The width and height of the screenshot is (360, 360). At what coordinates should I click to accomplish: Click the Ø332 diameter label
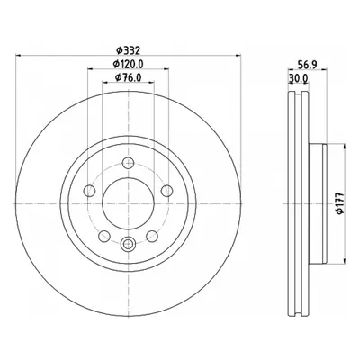[128, 50]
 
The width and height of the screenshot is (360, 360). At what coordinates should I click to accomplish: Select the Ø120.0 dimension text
[129, 64]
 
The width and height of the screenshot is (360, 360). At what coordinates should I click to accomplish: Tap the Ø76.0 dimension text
[128, 77]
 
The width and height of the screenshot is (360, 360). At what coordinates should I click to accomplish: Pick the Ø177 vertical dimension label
[340, 203]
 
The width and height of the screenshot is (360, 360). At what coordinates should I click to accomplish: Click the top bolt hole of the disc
[129, 163]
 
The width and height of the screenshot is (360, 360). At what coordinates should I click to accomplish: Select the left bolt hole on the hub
[89, 191]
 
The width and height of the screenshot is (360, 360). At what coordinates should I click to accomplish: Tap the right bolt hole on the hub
[167, 191]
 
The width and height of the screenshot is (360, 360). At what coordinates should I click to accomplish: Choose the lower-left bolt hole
[104, 236]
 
